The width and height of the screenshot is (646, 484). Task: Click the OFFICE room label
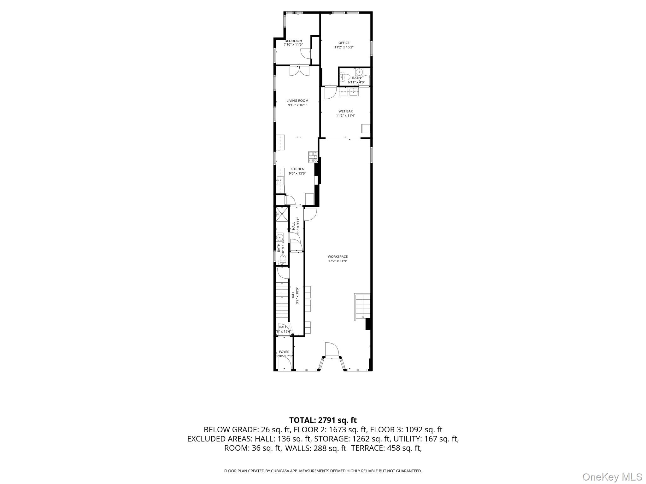(344, 43)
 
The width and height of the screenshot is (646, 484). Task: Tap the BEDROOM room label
(293, 41)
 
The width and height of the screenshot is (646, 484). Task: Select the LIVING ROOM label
(297, 101)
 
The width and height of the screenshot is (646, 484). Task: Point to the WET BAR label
(345, 111)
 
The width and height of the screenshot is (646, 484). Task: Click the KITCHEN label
(297, 169)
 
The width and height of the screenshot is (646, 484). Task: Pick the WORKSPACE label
(338, 257)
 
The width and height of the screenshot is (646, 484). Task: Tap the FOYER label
(284, 352)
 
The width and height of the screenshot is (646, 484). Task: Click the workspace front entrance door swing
(332, 349)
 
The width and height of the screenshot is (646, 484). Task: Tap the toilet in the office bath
(344, 77)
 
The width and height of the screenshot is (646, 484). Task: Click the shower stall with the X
(282, 214)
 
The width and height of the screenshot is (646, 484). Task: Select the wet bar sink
(354, 92)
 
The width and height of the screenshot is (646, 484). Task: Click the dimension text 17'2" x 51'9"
(338, 261)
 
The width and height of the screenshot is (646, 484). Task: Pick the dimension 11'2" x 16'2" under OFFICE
(344, 47)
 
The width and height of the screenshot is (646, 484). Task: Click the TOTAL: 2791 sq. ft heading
(323, 420)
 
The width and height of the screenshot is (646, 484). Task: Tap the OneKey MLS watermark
(612, 477)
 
